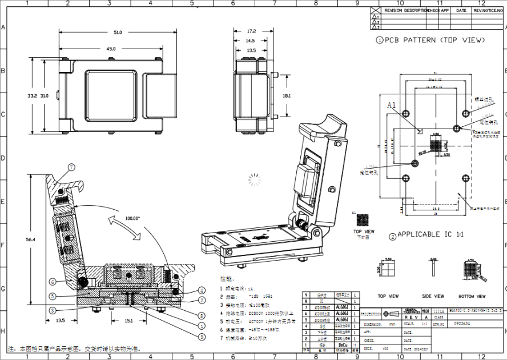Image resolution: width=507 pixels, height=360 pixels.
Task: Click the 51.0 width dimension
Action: click(117, 33)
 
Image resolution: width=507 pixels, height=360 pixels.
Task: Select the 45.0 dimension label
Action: click(110, 49)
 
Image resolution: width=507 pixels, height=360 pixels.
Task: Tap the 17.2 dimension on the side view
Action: click(251, 31)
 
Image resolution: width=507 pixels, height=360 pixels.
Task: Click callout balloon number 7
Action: click(72, 167)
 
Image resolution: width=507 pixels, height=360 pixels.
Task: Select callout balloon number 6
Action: click(52, 282)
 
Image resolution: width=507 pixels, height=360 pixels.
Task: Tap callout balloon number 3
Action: click(52, 310)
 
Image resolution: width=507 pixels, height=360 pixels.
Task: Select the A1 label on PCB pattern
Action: click(391, 105)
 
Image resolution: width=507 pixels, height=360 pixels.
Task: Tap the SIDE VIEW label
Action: click(432, 297)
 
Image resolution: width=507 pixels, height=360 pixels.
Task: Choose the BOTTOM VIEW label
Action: click(473, 297)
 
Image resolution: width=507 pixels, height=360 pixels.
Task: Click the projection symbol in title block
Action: click(388, 314)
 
